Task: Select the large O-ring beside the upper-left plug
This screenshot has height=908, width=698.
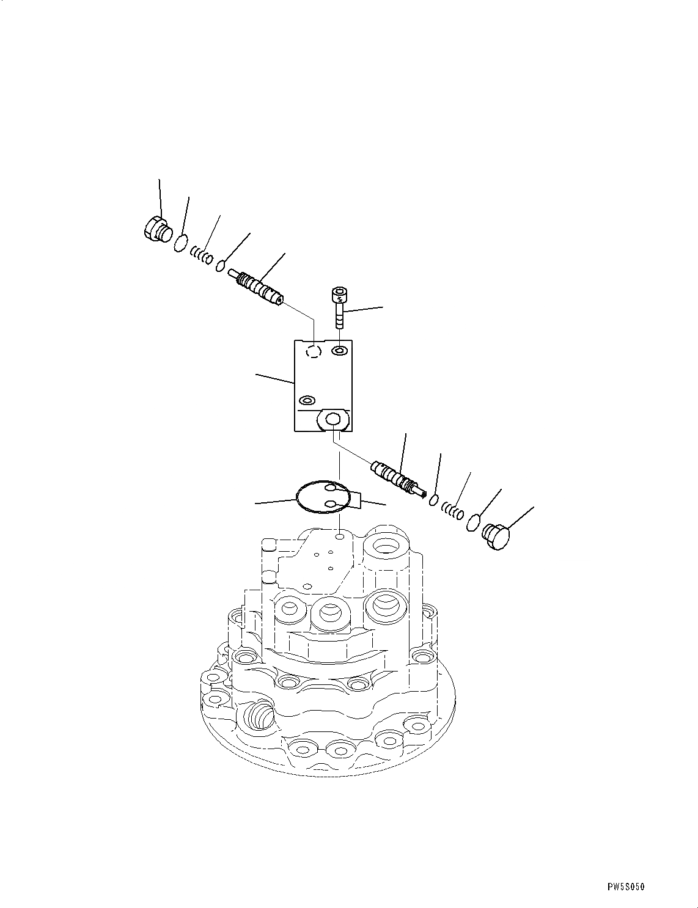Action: [x=180, y=243]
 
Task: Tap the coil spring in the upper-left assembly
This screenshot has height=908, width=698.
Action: [x=201, y=254]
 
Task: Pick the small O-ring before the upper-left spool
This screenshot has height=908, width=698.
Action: [x=222, y=266]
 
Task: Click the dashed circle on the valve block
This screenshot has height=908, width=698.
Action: [x=314, y=351]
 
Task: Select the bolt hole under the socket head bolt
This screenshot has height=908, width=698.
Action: [x=340, y=351]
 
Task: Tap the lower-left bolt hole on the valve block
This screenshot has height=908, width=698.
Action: [x=306, y=401]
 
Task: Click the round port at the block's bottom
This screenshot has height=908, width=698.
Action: [x=333, y=419]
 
